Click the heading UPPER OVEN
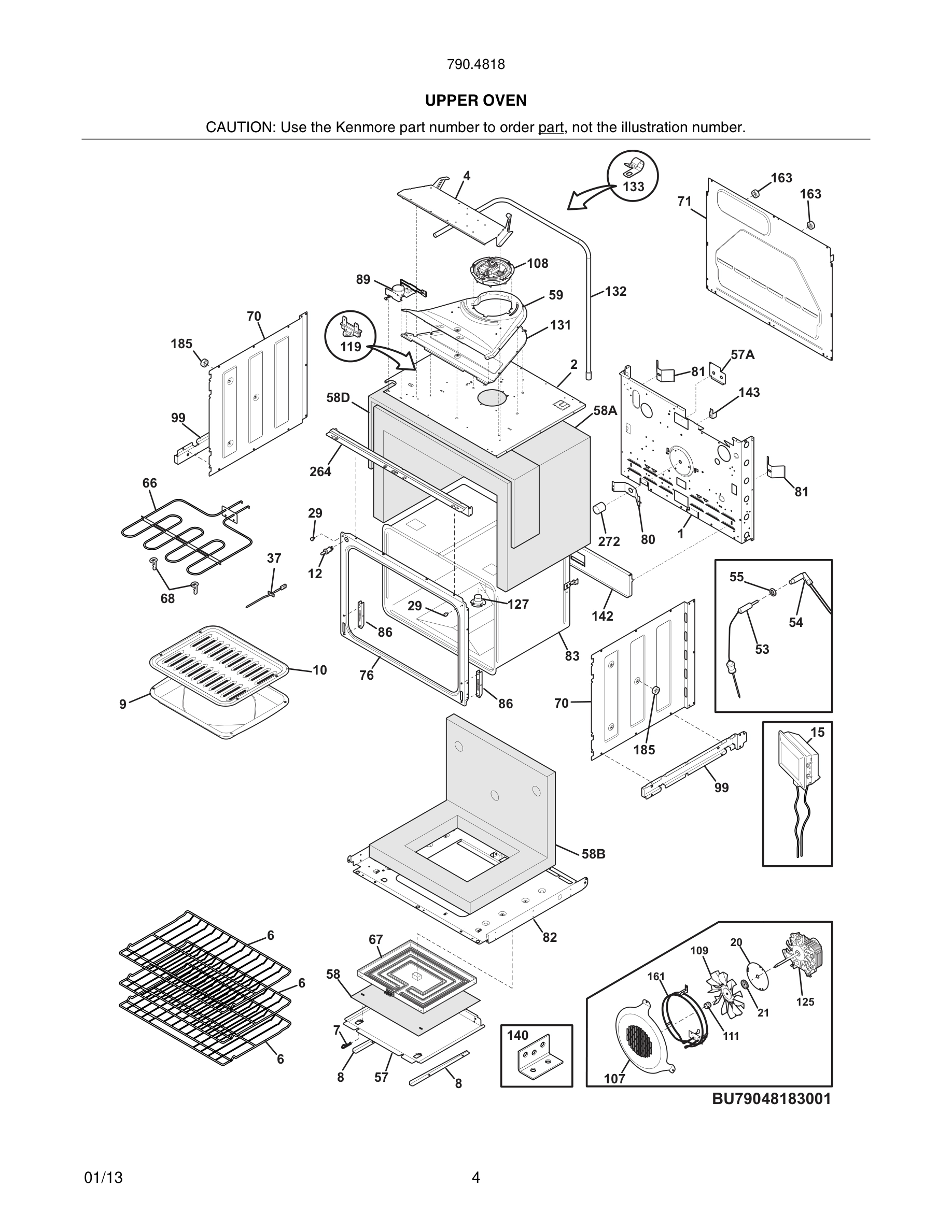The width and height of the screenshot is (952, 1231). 475,101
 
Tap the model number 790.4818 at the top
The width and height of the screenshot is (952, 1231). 475,65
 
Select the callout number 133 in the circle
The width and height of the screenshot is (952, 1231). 633,187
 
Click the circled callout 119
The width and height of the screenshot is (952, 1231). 350,346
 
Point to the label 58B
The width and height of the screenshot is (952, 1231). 593,854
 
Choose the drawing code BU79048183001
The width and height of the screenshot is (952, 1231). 771,1098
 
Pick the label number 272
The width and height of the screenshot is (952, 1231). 609,541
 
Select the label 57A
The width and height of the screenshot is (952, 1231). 742,354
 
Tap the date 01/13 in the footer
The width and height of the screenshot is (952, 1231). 103,1178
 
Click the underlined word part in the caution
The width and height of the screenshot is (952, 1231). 551,127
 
